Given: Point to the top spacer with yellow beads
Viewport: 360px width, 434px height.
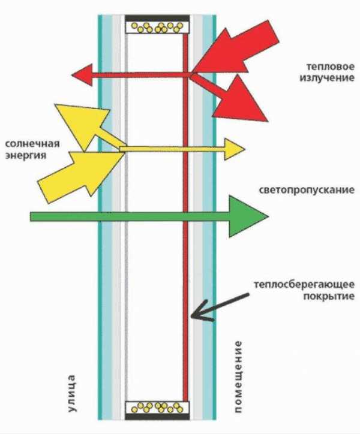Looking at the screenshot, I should coord(157,27).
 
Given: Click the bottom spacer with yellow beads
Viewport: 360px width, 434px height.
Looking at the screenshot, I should coord(157,409).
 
